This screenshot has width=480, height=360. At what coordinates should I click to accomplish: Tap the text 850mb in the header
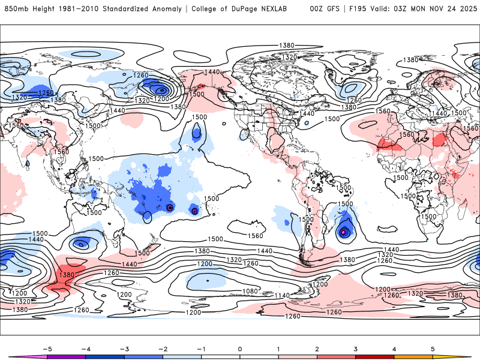click(14, 9)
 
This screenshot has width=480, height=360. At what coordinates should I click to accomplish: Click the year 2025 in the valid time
click(466, 9)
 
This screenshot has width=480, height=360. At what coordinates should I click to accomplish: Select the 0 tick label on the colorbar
click(240, 348)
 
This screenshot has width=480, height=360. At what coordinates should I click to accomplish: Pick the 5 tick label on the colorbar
click(433, 348)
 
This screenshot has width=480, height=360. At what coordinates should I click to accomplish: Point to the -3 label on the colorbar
click(124, 348)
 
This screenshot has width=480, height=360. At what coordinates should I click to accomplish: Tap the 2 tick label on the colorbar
click(317, 348)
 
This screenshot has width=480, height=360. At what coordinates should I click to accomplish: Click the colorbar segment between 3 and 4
click(374, 357)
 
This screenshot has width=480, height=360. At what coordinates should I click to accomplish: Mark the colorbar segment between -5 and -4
click(66, 357)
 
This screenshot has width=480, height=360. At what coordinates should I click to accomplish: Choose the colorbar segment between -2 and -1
click(182, 357)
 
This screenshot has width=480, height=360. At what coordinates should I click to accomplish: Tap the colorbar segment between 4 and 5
click(413, 357)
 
